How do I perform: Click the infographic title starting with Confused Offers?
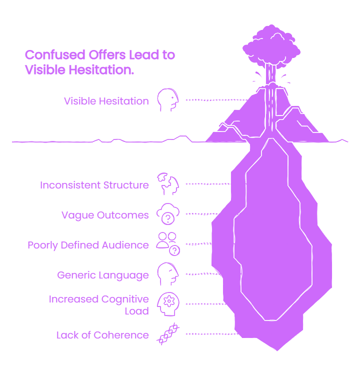tap(100, 62)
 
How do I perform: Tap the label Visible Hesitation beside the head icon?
tap(106, 101)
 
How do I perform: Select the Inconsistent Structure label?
tap(94, 185)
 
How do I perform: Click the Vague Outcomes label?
tap(105, 215)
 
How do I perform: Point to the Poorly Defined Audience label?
tap(88, 245)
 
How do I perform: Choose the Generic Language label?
tap(102, 275)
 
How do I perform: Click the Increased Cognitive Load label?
tap(98, 305)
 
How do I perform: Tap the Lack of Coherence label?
tap(102, 335)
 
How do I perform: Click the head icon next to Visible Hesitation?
tap(168, 100)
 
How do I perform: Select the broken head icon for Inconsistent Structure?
tap(168, 183)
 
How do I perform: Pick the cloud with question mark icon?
tap(168, 214)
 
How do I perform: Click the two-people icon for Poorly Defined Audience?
tap(168, 244)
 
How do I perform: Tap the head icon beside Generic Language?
tap(168, 274)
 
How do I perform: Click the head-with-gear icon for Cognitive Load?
tap(168, 304)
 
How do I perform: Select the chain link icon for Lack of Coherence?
tap(168, 334)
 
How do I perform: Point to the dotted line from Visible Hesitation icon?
tap(217, 100)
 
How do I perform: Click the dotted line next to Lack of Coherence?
tap(212, 334)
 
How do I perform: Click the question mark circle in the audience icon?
tap(174, 251)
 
